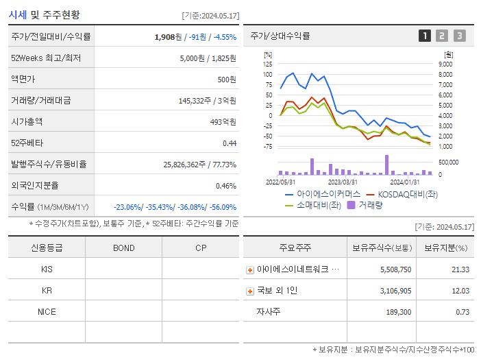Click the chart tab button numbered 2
click(442, 36)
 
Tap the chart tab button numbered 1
click(425, 36)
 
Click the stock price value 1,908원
click(169, 37)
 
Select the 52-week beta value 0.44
click(229, 143)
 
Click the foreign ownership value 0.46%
click(226, 186)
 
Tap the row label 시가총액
click(27, 122)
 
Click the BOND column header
click(123, 248)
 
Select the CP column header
click(201, 248)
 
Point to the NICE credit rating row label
click(47, 311)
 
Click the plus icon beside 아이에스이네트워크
click(250, 269)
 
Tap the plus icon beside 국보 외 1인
click(250, 291)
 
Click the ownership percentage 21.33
click(460, 269)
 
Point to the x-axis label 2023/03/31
click(343, 182)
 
